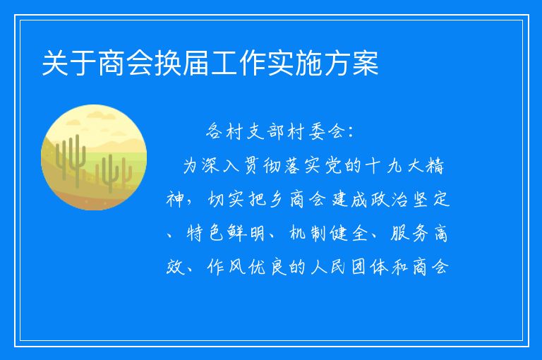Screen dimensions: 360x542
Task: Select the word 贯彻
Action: point(253,166)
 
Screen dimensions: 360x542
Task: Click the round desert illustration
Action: point(94,157)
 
